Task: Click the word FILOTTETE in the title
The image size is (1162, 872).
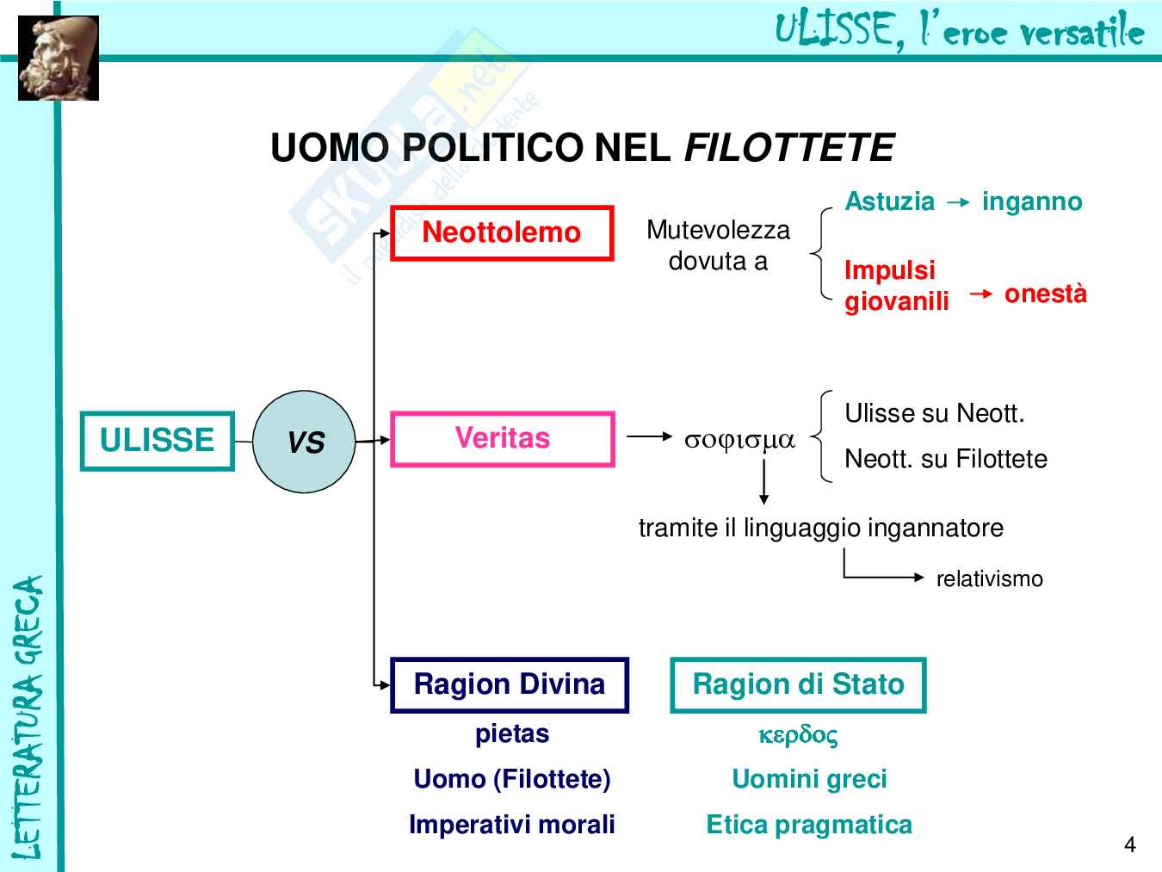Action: point(789,147)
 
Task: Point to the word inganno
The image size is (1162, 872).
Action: point(1032,201)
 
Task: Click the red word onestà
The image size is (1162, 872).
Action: point(1046,294)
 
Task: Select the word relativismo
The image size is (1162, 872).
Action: point(989,578)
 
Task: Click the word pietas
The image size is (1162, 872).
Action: point(512,734)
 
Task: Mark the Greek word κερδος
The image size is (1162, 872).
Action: point(798,735)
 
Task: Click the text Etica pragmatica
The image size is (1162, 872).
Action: point(809,825)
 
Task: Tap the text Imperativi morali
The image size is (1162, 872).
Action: point(512,825)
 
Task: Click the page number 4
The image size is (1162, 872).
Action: point(1129,844)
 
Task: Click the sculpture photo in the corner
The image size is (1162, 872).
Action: point(59,58)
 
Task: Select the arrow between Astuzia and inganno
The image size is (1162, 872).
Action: point(958,202)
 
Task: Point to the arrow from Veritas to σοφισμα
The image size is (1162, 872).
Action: point(650,436)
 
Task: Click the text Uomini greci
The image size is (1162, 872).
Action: point(809,779)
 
